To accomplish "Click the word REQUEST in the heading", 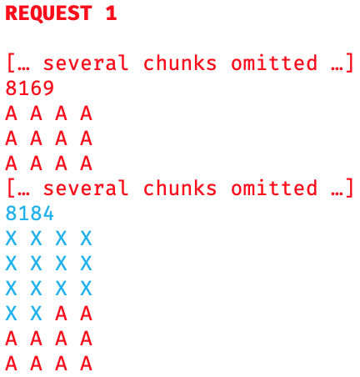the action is coord(48,13).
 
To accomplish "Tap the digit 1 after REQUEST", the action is coord(111,13).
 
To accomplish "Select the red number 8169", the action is coord(30,88).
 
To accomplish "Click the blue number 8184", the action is coord(30,214).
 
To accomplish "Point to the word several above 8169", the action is coord(86,63).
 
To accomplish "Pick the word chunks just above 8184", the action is coord(180,188).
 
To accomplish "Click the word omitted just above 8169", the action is coord(274,63).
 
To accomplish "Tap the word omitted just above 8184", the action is coord(274,188).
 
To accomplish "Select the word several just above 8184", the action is coord(86,188).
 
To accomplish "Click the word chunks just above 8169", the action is coord(180,63).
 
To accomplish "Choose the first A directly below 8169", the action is coord(11,113).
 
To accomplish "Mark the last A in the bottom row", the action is coord(86,363).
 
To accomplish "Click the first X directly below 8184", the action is coord(11,239).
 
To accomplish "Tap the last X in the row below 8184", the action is coord(86,239).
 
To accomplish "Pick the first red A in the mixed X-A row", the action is coord(61,314).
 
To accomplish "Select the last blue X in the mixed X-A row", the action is coord(36,314).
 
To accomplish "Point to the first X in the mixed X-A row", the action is coord(11,314).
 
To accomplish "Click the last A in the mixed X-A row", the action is coord(86,314).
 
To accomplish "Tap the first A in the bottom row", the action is coord(11,363).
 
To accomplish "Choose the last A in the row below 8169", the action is coord(86,113).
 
